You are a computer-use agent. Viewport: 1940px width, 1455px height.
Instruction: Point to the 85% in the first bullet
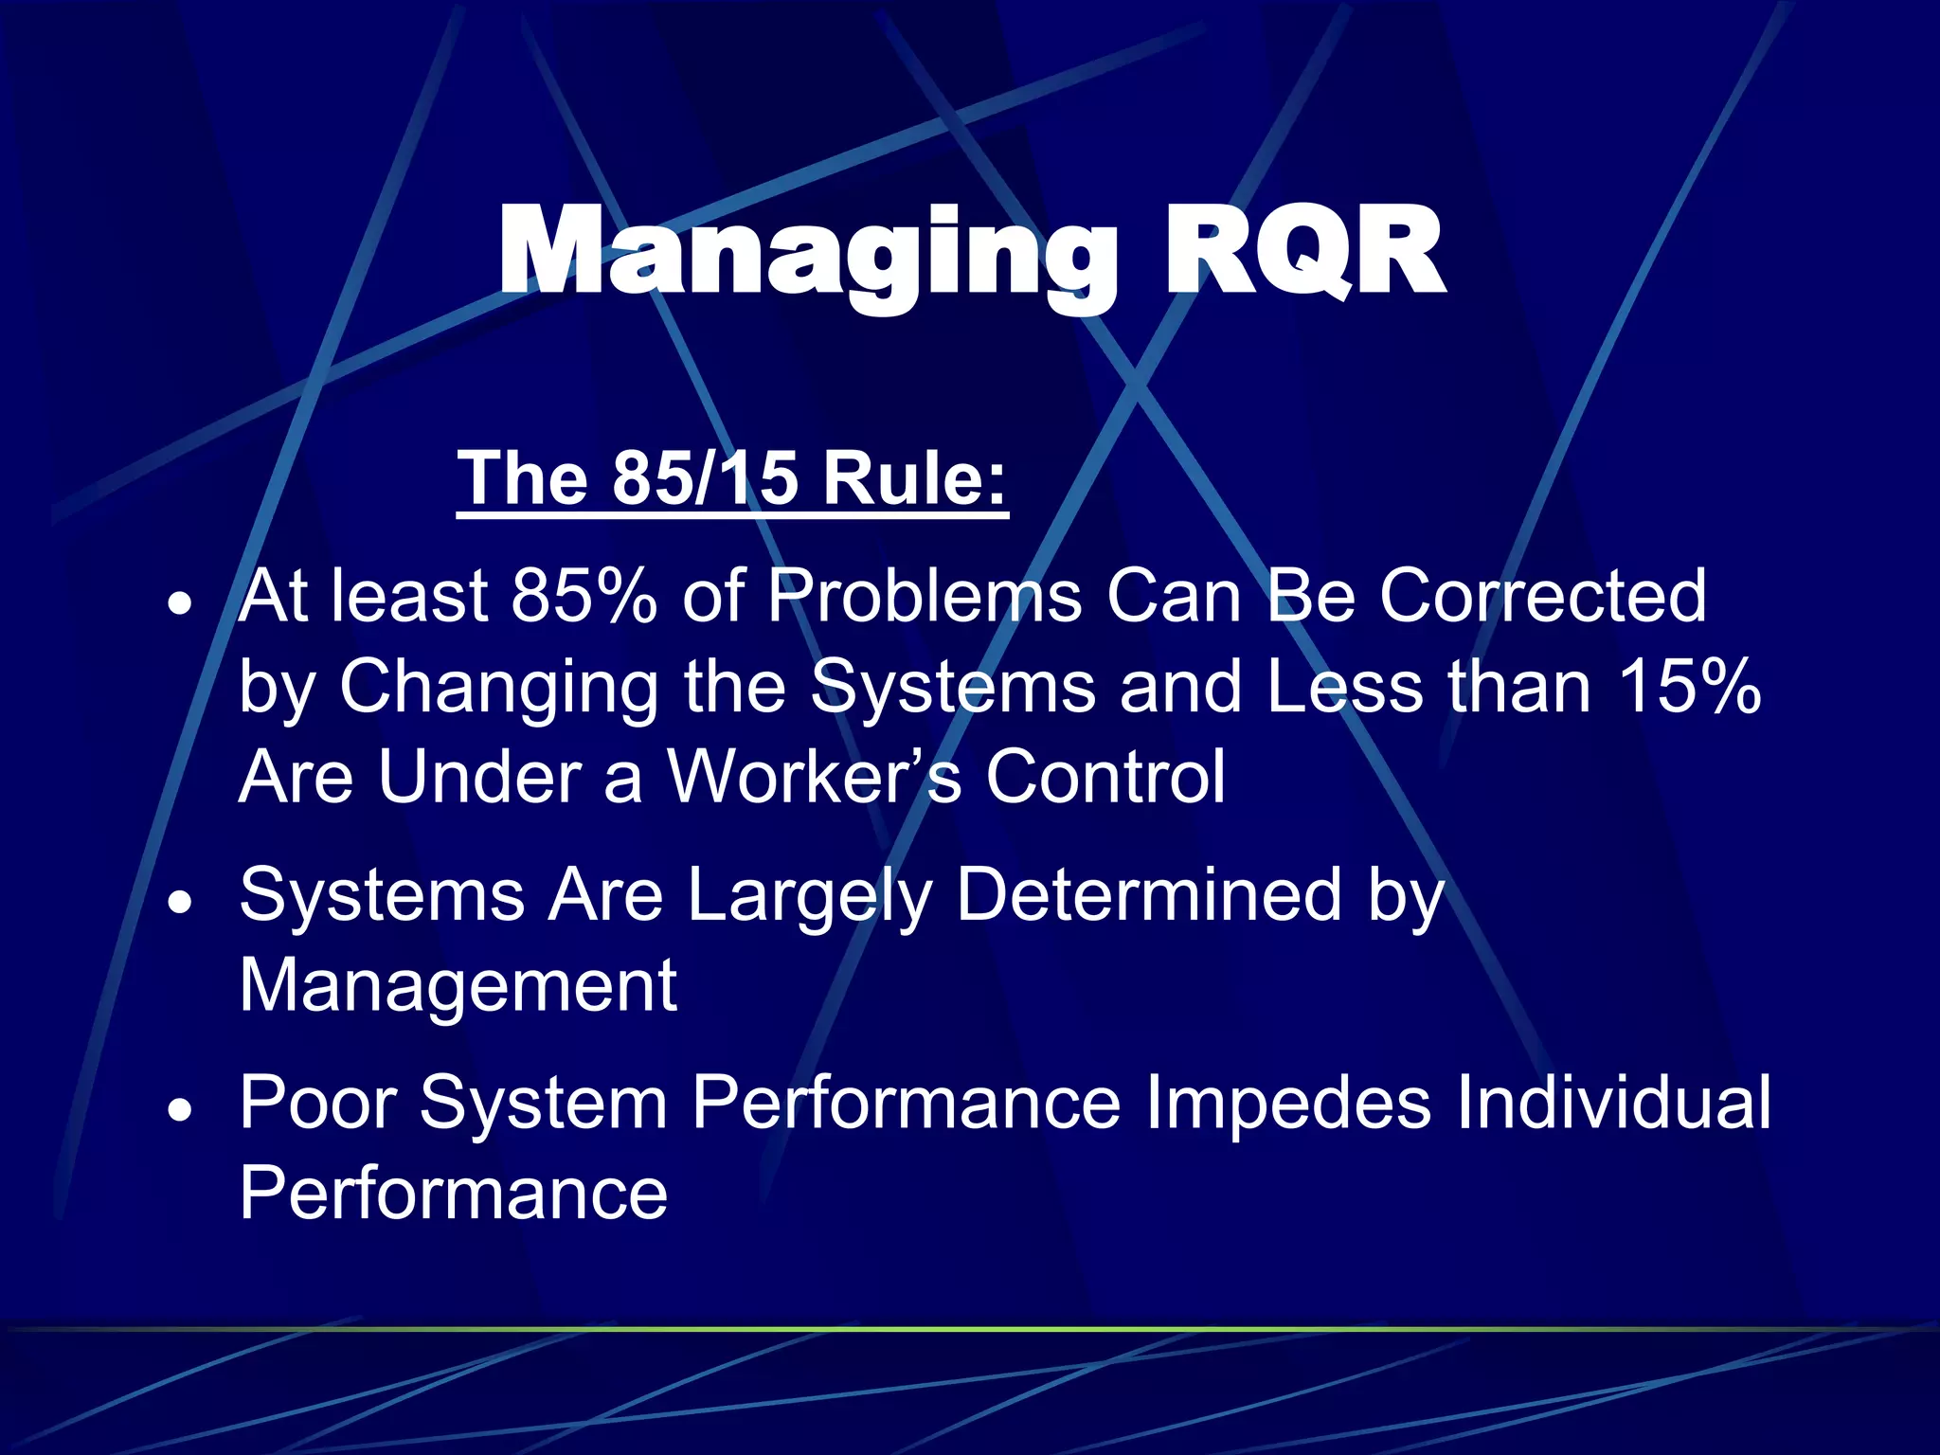(583, 596)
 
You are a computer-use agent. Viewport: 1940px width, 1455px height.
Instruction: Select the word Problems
(925, 596)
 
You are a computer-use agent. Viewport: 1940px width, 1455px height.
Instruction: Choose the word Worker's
(815, 777)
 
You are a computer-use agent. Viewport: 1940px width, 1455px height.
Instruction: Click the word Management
(458, 985)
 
